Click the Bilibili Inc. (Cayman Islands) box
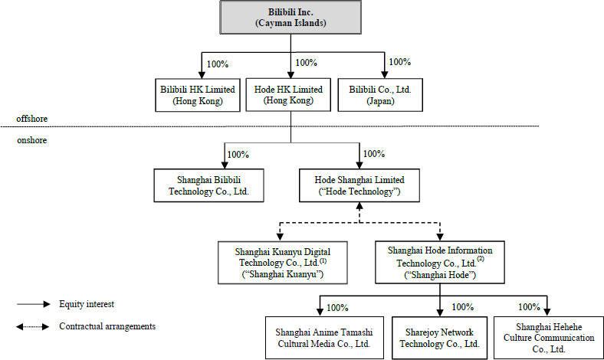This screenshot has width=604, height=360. pos(291,18)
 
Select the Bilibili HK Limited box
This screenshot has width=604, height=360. pos(198,95)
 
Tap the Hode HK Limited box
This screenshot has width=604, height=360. pos(288,95)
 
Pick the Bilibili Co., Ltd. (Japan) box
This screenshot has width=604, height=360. pos(380,95)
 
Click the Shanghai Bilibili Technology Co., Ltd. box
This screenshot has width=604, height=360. pos(208,185)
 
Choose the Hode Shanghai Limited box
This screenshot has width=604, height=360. pos(359,185)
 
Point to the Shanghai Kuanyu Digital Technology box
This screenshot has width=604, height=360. pos(283,263)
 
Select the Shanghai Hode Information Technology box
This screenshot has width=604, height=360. pos(440,262)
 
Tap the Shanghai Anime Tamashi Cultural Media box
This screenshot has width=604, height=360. pos(324,338)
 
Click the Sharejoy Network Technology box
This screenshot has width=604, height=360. pos(439,338)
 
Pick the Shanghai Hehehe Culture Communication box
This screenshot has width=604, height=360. pos(549,338)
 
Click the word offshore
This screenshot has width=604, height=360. pos(32,119)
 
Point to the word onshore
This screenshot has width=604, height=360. pos(32,140)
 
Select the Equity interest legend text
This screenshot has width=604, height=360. pos(87,304)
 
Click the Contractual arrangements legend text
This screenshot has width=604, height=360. pos(107,326)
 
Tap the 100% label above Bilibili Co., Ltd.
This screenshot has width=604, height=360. pos(400,62)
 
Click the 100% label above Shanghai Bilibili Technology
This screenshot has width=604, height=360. pos(238,155)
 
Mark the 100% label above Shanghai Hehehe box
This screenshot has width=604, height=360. pos(530,307)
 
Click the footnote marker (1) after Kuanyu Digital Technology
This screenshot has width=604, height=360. pos(323,260)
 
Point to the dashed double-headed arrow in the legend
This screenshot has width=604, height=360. pos(33,327)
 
